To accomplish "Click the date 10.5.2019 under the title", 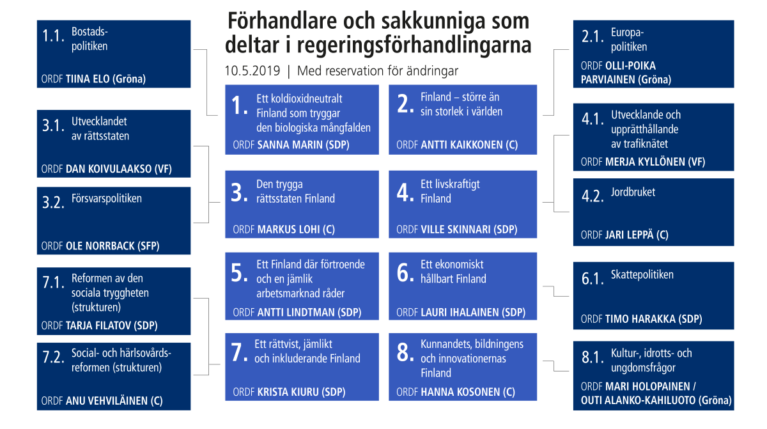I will [x=252, y=71].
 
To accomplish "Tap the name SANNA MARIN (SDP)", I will [x=303, y=145].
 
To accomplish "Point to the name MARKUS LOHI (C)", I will [x=296, y=230].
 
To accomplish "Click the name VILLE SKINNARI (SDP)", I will [x=469, y=230].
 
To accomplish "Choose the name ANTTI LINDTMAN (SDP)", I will [x=309, y=313].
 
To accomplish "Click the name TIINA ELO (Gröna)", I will [x=106, y=80].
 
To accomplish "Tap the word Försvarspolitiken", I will [x=106, y=198].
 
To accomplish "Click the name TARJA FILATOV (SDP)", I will [x=112, y=325].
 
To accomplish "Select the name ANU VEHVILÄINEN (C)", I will [x=114, y=402].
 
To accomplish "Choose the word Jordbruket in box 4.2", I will [x=633, y=192].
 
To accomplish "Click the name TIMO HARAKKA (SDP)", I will [x=653, y=319].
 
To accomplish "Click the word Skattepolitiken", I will [x=642, y=275].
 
